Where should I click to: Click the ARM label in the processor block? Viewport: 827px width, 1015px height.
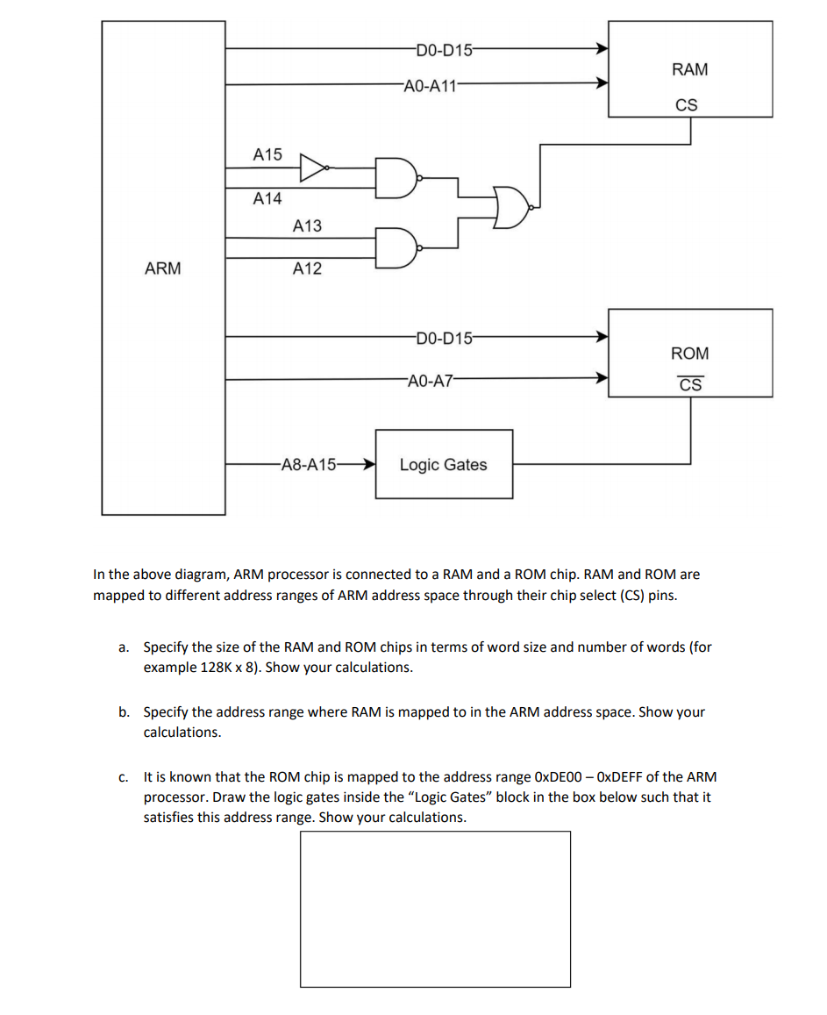163,268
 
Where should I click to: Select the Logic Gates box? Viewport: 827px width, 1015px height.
444,464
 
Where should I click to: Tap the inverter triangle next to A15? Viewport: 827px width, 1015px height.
313,167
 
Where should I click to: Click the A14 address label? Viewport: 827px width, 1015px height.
267,199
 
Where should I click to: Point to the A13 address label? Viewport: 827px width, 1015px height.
307,226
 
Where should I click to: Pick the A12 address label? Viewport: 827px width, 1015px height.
307,269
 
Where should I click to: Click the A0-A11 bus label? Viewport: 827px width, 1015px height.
431,85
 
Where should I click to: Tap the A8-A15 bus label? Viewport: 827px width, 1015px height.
308,465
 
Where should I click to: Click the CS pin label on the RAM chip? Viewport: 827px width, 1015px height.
687,105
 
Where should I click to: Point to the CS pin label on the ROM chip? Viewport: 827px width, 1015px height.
690,385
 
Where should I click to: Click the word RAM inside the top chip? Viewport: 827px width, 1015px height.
689,69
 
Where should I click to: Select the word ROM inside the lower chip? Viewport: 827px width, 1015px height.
690,354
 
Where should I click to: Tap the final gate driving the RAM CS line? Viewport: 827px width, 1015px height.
511,207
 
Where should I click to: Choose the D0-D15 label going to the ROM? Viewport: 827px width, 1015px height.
444,337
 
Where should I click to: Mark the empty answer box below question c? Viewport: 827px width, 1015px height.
435,909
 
